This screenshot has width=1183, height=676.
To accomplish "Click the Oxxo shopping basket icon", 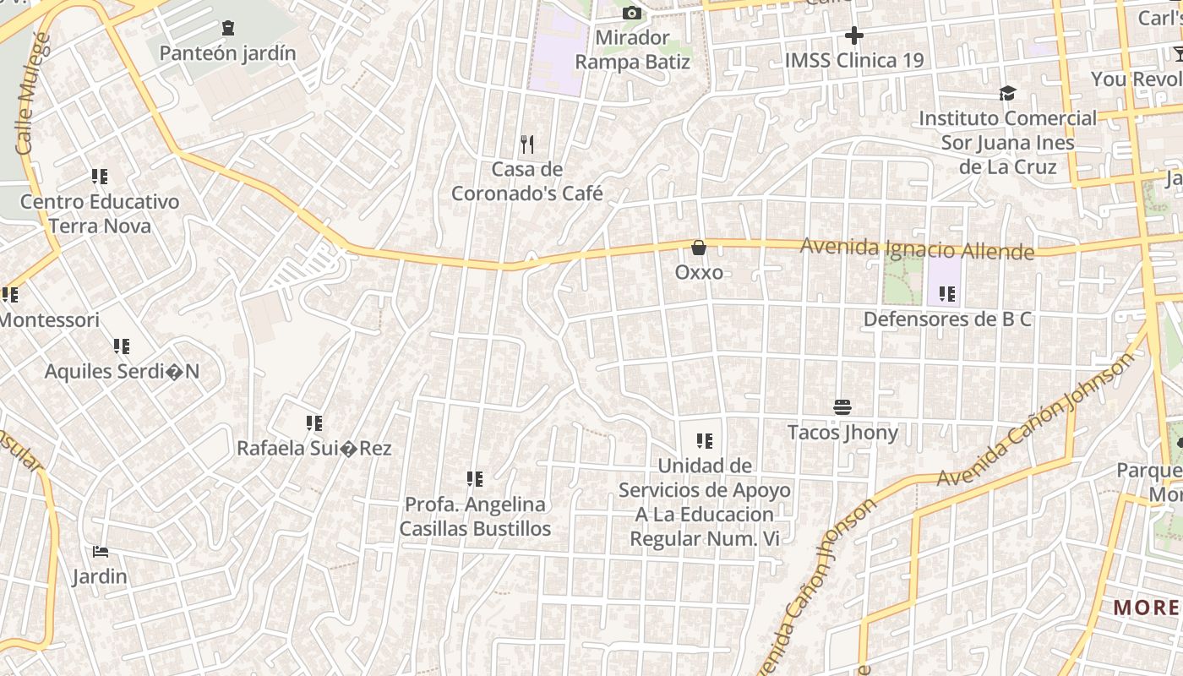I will pos(699,248).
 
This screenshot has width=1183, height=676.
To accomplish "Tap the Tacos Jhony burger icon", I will pos(842,407).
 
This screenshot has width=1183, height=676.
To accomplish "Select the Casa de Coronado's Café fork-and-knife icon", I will pos(527,144).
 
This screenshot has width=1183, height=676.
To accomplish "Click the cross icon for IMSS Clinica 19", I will pos(854,35).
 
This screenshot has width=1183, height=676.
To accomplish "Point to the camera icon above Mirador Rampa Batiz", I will pos(631,14).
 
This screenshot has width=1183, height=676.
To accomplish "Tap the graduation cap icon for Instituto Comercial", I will pos(1007,93).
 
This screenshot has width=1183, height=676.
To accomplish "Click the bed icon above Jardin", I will pos(101,553).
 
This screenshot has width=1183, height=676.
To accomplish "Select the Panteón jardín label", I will pos(228,53).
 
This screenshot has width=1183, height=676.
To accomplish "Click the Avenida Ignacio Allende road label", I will pos(917,249).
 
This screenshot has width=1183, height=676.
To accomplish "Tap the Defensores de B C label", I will pos(947,319).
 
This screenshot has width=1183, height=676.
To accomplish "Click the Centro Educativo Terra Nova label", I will pos(100,214).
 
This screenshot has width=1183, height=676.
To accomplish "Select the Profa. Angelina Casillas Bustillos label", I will pos(475,516).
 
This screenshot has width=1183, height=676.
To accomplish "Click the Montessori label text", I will pos(49,320).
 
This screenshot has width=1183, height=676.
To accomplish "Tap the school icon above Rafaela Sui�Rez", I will pos(314,423).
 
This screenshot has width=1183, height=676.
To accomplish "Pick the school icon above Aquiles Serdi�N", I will pos(122,346).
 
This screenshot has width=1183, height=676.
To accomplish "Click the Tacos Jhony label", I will pos(842,433).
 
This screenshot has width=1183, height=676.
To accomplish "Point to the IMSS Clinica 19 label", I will pos(854,61).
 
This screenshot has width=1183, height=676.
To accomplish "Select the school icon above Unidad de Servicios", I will pos(705,441).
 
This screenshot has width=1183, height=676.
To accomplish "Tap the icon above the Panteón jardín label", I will pos(228,29).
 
